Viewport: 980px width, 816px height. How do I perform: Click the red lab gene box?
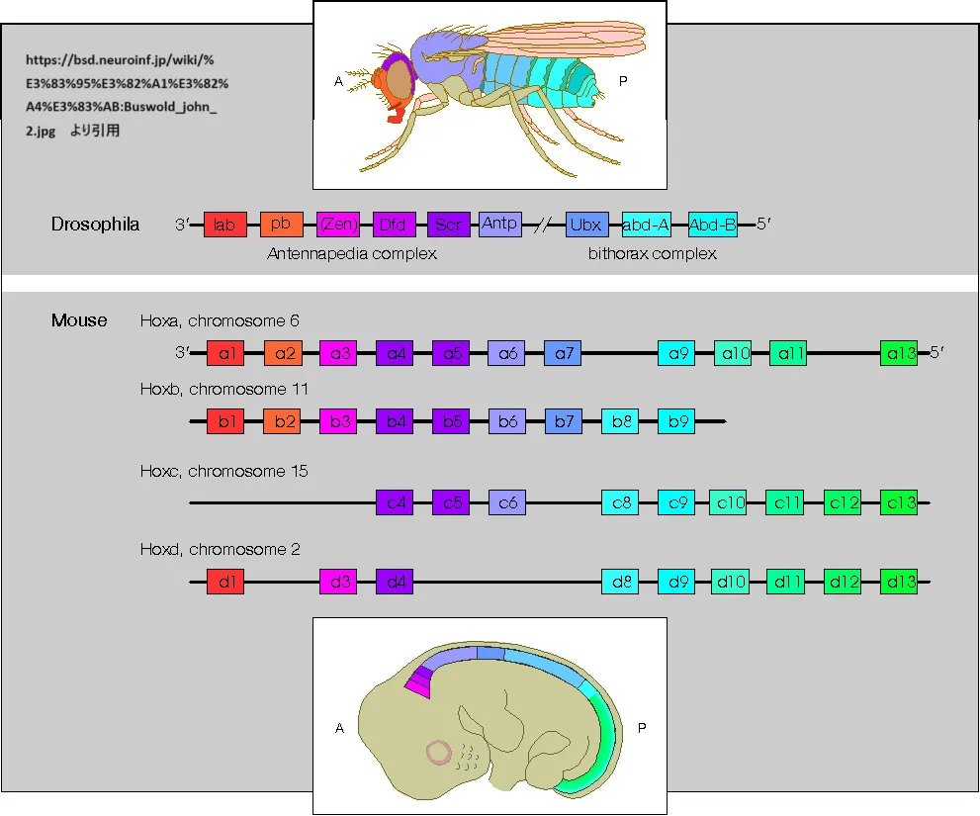223,225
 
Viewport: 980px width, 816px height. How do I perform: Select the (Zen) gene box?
336,225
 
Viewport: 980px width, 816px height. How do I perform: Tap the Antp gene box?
500,224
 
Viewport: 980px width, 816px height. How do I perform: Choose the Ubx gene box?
584,225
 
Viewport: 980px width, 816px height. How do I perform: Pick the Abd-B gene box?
713,225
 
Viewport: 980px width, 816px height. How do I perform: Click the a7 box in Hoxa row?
564,353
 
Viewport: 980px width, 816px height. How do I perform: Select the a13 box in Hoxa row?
899,353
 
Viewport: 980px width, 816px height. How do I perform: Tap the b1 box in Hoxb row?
224,422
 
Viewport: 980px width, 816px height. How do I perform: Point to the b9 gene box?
676,422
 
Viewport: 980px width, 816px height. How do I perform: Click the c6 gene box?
507,503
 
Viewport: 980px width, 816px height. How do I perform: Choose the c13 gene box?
899,503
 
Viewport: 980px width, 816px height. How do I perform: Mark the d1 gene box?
224,582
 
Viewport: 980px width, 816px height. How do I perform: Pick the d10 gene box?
730,582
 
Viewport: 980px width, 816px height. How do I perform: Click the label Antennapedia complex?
352,254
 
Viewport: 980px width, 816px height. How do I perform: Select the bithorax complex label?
652,254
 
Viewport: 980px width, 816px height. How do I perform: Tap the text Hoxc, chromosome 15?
224,471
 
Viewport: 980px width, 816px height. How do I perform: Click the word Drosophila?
95,225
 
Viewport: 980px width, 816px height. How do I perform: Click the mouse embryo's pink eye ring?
439,753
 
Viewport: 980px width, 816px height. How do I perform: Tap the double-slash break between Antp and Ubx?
543,226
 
